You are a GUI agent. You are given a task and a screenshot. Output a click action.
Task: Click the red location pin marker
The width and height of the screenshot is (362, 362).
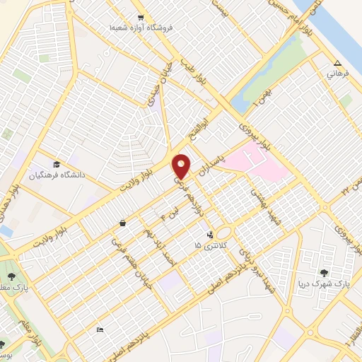click(x=182, y=165)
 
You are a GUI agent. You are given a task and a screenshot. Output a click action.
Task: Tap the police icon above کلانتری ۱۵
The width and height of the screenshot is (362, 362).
click(x=209, y=234)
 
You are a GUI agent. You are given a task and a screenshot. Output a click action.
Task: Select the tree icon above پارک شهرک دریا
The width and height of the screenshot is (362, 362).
click(x=325, y=272)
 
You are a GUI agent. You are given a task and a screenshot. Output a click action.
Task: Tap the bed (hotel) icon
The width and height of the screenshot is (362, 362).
click(x=100, y=329)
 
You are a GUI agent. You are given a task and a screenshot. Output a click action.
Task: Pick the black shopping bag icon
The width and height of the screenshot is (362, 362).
click(x=123, y=223)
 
